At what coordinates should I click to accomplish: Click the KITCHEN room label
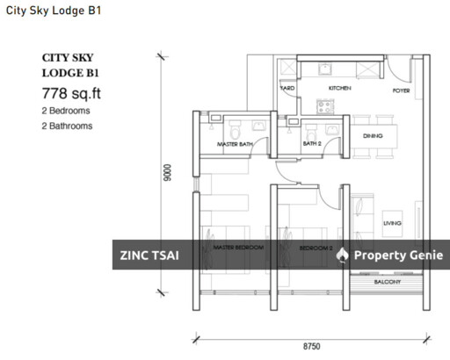point(339,89)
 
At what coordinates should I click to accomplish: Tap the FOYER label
point(402,89)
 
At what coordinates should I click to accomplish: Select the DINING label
point(372,136)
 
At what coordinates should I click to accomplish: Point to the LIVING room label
point(392,224)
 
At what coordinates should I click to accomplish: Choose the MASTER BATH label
point(235,143)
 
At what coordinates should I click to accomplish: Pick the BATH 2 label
point(313,143)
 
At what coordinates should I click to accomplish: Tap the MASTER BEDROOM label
point(238,248)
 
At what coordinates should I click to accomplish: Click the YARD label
point(287,89)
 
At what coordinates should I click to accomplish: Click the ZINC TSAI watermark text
point(149,256)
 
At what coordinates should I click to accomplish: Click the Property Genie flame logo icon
point(343,255)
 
